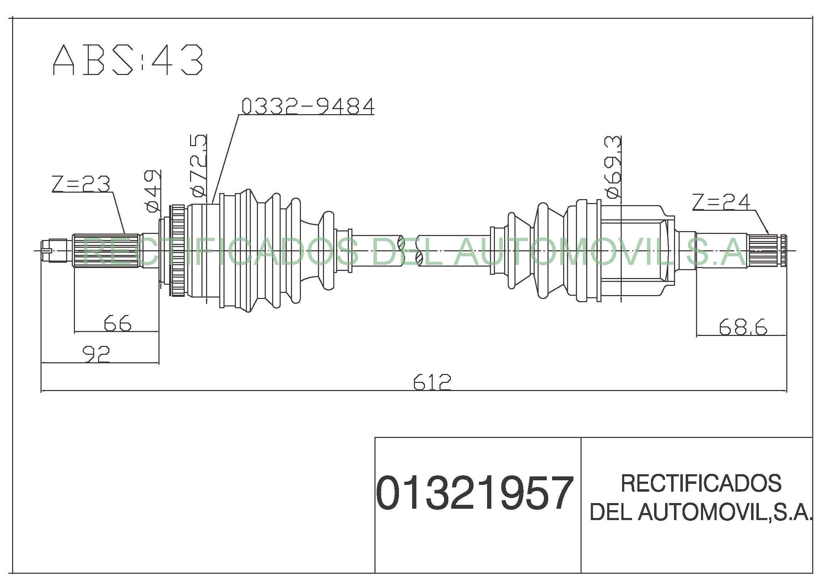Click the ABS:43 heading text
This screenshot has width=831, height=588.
[128, 60]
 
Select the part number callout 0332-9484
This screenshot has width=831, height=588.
[308, 106]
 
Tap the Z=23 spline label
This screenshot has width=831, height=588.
[81, 184]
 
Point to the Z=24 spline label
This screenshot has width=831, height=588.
[721, 202]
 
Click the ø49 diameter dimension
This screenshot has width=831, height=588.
[152, 191]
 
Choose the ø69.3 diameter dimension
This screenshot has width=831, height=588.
[613, 167]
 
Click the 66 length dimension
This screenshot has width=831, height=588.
[117, 323]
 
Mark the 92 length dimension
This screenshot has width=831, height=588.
[96, 354]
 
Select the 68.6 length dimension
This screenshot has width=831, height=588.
[743, 327]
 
